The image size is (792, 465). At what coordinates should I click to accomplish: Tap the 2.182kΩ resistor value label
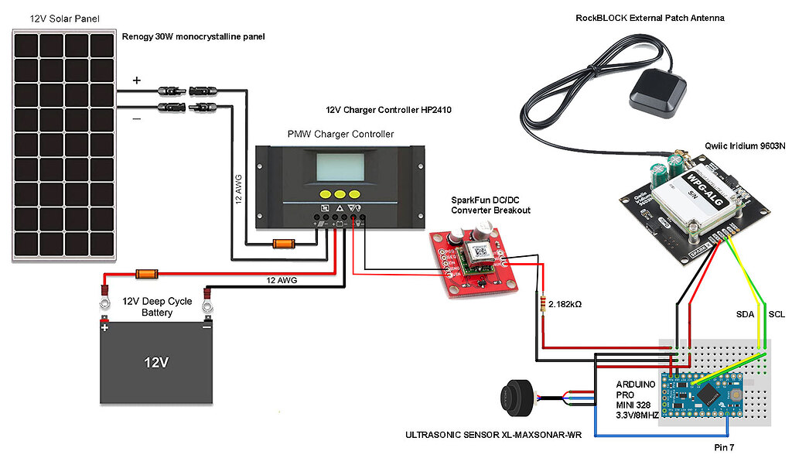(565, 304)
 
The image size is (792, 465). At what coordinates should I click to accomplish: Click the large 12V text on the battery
(156, 362)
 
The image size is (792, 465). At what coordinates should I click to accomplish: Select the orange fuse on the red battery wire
(146, 274)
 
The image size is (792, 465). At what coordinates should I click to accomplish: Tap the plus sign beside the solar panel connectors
(137, 80)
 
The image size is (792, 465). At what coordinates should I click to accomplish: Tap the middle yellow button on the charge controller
(340, 194)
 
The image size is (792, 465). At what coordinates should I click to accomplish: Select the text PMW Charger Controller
(340, 134)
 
